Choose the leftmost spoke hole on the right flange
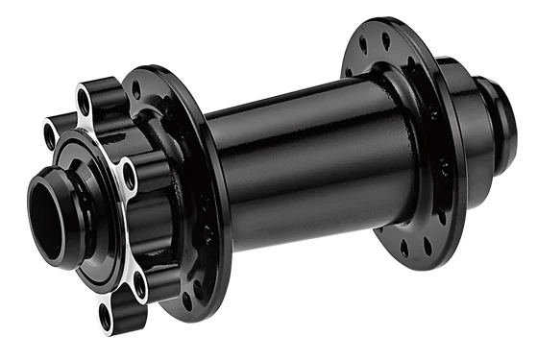coord(348,70)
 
